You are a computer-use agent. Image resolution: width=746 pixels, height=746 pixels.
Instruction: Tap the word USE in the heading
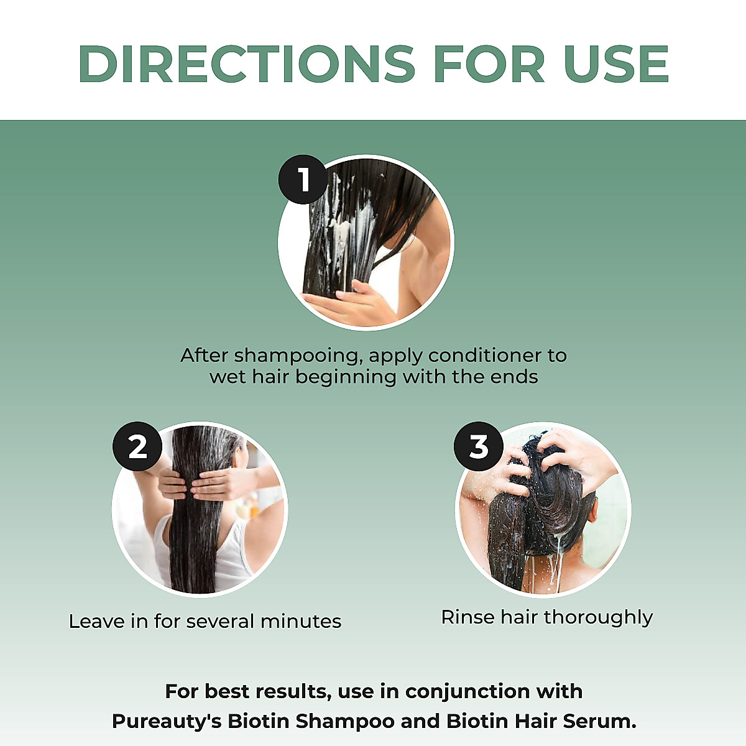[615, 64]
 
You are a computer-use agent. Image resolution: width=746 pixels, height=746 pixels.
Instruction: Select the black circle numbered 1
[303, 180]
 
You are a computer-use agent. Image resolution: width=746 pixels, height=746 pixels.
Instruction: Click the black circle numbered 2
[137, 446]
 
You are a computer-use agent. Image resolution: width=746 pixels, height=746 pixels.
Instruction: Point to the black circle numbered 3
[479, 446]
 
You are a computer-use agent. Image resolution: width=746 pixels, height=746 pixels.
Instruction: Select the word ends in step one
[513, 377]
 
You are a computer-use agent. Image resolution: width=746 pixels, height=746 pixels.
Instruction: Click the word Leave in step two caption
[96, 621]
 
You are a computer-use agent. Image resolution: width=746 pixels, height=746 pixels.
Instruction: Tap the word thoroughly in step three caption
[599, 618]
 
